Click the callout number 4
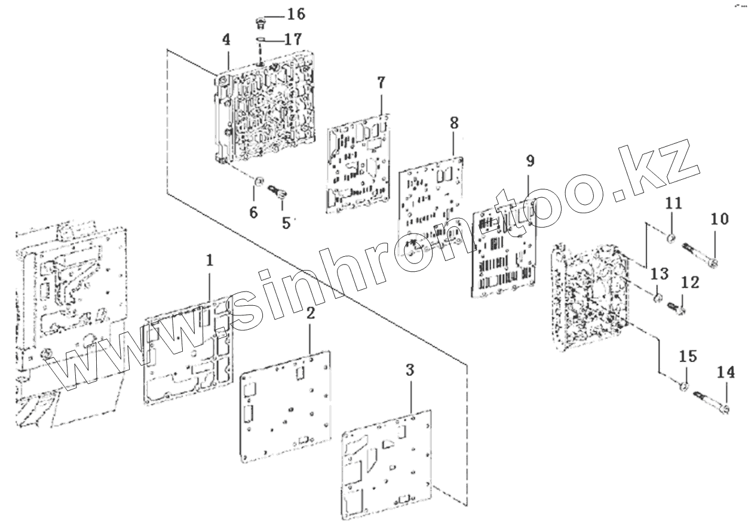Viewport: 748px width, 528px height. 226,41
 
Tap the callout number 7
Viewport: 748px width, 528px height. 382,82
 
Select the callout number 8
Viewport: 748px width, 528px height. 454,124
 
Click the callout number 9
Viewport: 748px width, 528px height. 530,161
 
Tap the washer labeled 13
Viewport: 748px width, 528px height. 657,296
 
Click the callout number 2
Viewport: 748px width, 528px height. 310,314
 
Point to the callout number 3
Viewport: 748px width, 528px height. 409,370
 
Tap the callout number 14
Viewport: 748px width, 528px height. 726,373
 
